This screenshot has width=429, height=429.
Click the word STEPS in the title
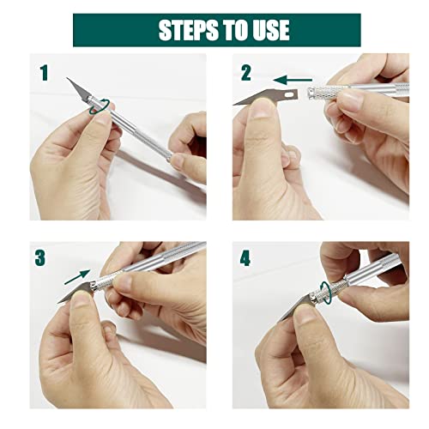click(x=187, y=30)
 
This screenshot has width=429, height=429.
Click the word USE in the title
click(x=271, y=30)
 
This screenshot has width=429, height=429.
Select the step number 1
click(x=44, y=73)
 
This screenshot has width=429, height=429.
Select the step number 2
click(x=246, y=73)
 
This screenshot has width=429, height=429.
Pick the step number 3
click(x=40, y=257)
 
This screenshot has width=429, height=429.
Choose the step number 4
click(x=245, y=258)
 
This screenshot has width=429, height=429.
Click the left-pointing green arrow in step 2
click(x=293, y=80)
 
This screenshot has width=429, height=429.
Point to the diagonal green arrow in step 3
click(x=77, y=277)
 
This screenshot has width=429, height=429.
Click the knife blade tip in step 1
click(x=67, y=78)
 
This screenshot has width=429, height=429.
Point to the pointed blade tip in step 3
click(x=58, y=303)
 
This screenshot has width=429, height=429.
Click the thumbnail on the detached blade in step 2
click(x=263, y=108)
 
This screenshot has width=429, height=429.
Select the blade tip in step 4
click(x=280, y=321)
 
